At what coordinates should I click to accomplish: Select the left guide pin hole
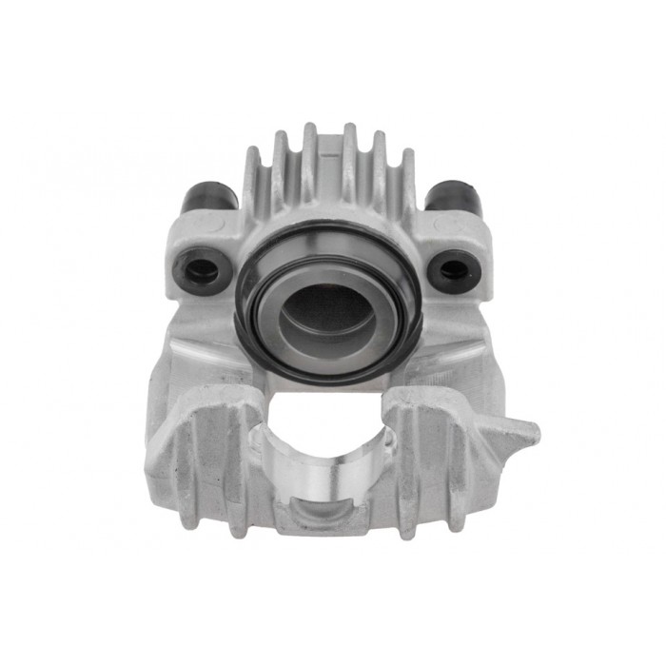pyautogui.click(x=201, y=269)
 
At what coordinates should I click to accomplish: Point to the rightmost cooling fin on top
pyautogui.click(x=406, y=181)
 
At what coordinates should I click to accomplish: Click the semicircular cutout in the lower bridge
pyautogui.click(x=323, y=428)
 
